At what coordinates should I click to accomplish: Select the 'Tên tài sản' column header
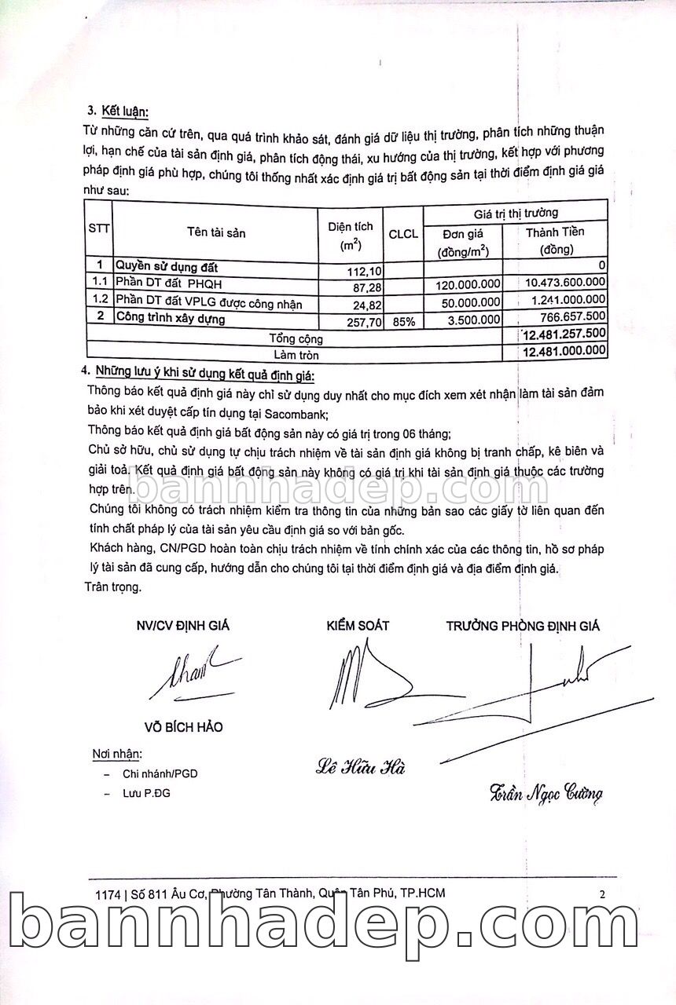click(x=216, y=233)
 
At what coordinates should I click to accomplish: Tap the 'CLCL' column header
click(x=403, y=233)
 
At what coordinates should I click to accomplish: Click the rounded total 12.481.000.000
click(x=563, y=350)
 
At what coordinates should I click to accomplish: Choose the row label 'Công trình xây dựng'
click(x=171, y=319)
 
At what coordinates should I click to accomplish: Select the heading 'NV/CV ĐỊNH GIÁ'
click(x=183, y=626)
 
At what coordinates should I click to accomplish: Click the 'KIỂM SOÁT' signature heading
click(x=358, y=626)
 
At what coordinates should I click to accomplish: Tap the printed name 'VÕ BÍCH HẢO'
click(x=182, y=727)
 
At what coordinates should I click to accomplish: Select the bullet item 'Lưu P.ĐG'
click(x=146, y=793)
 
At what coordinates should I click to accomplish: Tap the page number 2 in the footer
click(x=602, y=894)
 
